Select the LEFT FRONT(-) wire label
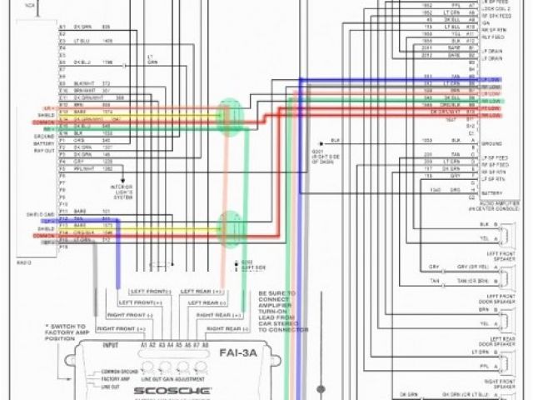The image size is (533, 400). point(144,290)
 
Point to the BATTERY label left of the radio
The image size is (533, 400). point(43,143)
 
